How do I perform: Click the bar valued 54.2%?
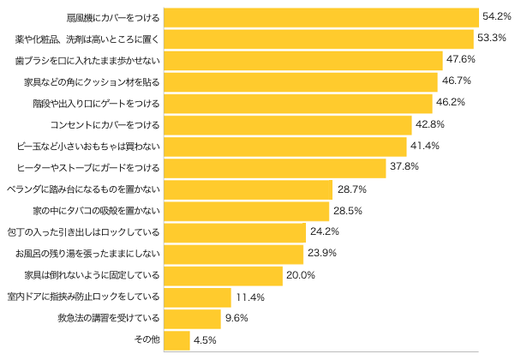point(320,17)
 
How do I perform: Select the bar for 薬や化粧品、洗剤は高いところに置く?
point(319,39)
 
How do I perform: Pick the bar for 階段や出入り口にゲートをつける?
point(297,103)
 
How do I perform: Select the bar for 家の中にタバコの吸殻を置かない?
point(246,211)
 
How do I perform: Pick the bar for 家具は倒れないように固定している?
point(223,275)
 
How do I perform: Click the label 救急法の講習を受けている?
point(107,318)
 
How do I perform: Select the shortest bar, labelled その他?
point(176,340)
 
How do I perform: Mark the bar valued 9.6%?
point(191,318)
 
